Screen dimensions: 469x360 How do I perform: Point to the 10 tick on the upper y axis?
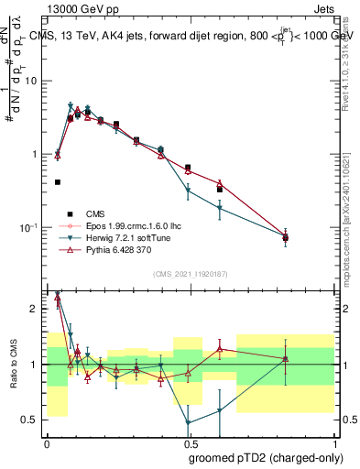pyautogui.click(x=33, y=81)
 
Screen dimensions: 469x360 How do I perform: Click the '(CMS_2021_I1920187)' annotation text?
pyautogui.click(x=189, y=273)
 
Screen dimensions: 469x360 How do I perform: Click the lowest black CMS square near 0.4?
pyautogui.click(x=58, y=182)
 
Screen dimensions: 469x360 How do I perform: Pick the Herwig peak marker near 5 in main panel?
pyautogui.click(x=71, y=105)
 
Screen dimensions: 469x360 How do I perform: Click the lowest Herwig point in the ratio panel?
pyautogui.click(x=189, y=423)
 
